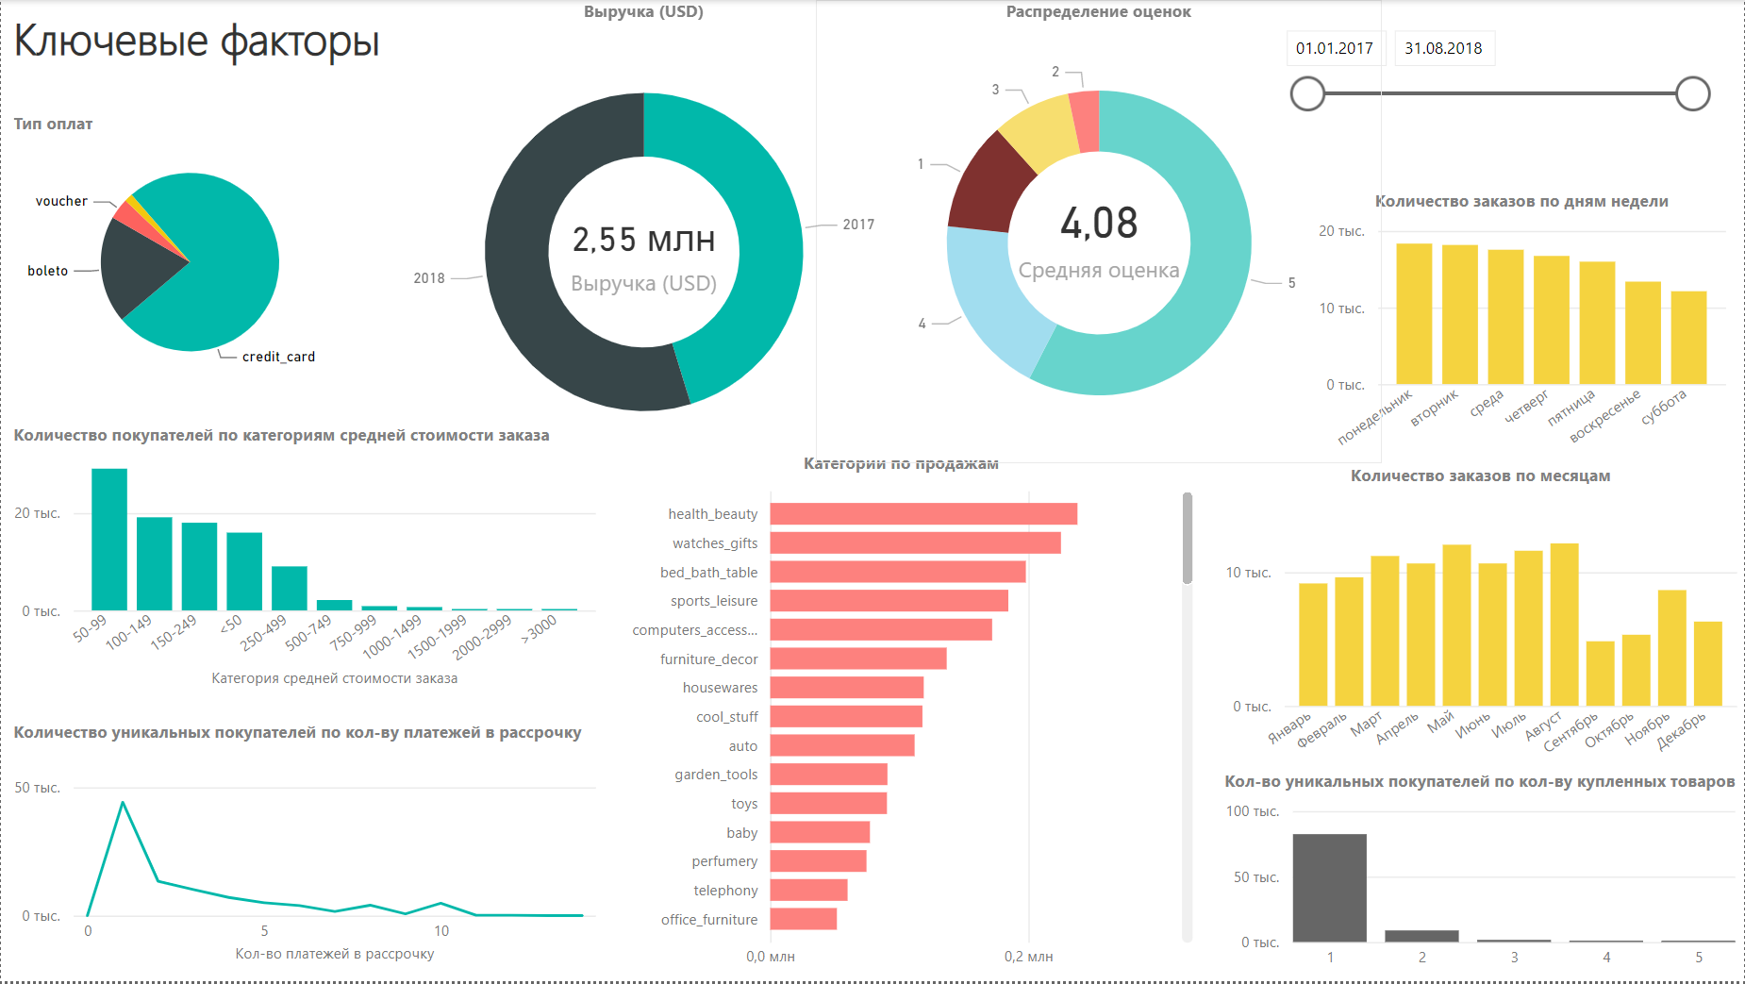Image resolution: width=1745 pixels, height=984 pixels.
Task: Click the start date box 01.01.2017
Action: [1334, 48]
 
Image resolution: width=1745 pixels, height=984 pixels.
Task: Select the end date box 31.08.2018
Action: [1443, 48]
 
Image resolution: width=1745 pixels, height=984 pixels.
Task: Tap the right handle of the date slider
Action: [1692, 93]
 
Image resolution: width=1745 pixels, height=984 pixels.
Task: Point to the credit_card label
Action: [278, 357]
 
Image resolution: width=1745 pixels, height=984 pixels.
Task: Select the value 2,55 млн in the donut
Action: [643, 240]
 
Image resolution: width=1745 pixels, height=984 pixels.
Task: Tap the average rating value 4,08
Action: [1099, 224]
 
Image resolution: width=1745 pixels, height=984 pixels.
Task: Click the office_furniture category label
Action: [708, 920]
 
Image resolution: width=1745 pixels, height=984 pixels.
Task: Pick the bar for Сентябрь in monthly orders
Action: [1600, 674]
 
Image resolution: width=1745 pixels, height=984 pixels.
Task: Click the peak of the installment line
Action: [123, 803]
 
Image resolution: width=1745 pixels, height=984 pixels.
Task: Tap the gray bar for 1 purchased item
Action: [1329, 888]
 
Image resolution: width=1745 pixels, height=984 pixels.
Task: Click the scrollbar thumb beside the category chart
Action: [1187, 538]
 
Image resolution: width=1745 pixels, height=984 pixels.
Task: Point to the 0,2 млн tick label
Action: [1028, 957]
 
